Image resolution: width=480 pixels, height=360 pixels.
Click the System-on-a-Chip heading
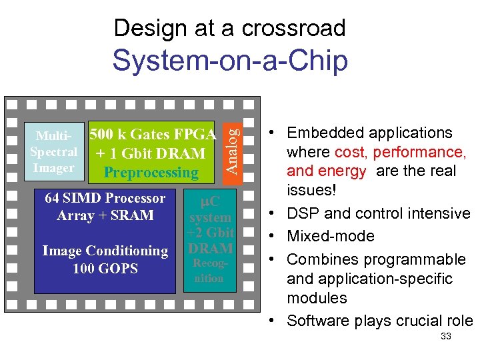(230, 61)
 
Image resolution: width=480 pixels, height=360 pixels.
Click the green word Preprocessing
(151, 173)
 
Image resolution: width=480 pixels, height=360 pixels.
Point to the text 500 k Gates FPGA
(153, 134)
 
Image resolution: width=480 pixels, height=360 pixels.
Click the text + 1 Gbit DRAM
(150, 153)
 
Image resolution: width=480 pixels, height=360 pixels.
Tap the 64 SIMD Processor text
(105, 198)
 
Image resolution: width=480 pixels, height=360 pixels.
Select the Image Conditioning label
(105, 251)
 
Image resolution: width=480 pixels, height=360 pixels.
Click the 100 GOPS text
(105, 269)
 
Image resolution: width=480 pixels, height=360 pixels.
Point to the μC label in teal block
(210, 200)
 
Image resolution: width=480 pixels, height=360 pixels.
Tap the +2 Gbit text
(210, 233)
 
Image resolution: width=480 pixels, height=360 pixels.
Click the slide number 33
(446, 336)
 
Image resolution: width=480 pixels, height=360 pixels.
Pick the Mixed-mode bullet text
(331, 236)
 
